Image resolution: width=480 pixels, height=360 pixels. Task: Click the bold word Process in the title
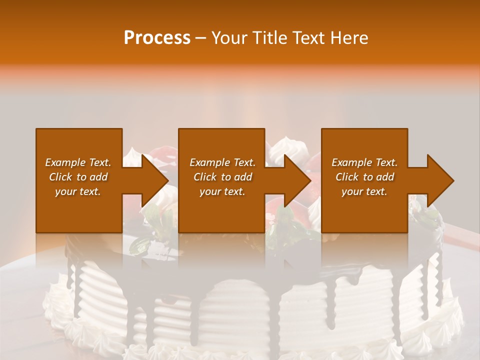(157, 38)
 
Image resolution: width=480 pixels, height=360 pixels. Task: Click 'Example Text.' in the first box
(78, 162)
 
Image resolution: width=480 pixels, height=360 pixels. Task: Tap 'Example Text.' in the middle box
(222, 162)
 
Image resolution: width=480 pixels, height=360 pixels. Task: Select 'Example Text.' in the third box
(364, 162)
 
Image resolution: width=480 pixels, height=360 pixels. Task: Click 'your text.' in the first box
(78, 191)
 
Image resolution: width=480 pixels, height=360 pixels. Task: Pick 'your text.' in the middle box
(222, 191)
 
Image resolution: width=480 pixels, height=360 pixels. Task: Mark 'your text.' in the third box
(364, 191)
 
